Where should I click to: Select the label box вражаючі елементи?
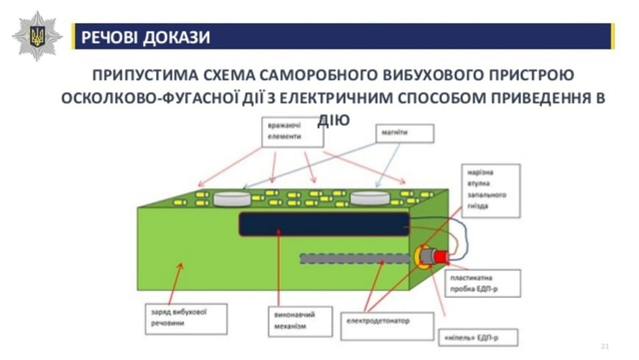pyautogui.click(x=287, y=133)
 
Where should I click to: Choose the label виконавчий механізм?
pyautogui.click(x=289, y=320)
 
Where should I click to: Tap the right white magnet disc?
pyautogui.click(x=370, y=198)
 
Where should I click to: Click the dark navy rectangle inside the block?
pyautogui.click(x=323, y=223)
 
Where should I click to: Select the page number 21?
pyautogui.click(x=605, y=346)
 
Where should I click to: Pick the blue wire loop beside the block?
pyautogui.click(x=462, y=236)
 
